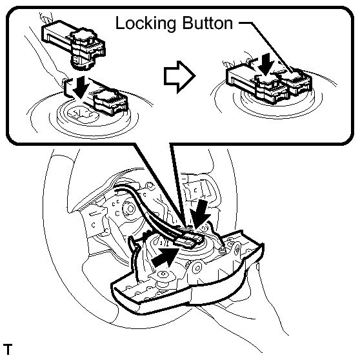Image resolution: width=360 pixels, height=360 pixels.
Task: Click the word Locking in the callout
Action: [x=146, y=24]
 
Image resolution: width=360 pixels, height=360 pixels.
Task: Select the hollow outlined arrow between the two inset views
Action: [x=180, y=77]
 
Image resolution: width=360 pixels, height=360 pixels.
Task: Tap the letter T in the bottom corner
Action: [x=7, y=349]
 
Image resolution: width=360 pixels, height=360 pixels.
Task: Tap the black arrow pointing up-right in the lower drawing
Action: [x=165, y=257]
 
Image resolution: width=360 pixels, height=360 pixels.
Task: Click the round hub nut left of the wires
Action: [x=130, y=208]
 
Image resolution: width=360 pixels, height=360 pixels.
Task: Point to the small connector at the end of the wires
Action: [x=190, y=242]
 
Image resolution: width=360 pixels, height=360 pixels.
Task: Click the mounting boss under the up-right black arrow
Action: [x=163, y=275]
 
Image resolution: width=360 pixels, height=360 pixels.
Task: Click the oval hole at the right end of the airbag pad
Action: [x=237, y=248]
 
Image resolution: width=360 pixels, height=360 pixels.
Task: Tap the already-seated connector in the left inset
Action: [x=111, y=102]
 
